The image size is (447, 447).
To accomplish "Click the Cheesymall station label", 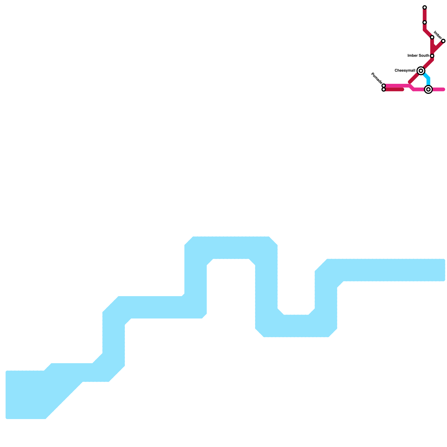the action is tap(405, 71).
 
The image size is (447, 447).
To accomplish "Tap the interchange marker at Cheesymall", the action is tap(421, 71).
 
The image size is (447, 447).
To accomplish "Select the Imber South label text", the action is tap(418, 56).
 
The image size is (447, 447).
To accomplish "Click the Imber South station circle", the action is tap(432, 56).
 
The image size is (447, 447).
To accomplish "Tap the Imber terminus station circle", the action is tap(443, 41).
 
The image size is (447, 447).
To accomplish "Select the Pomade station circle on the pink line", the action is tap(384, 85).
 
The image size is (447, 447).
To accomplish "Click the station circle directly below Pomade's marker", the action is tap(384, 89).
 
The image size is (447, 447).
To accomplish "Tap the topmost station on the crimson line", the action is tap(424, 7).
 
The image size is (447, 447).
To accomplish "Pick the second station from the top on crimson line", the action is tap(424, 22).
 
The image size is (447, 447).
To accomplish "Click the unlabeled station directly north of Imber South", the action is tap(432, 37).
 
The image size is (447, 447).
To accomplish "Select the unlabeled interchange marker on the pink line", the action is tap(428, 89).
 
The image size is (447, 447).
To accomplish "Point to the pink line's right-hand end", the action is tap(443, 89).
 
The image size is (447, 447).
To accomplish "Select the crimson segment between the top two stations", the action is tap(424, 15).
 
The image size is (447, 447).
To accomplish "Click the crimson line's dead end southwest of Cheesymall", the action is tap(410, 82).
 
